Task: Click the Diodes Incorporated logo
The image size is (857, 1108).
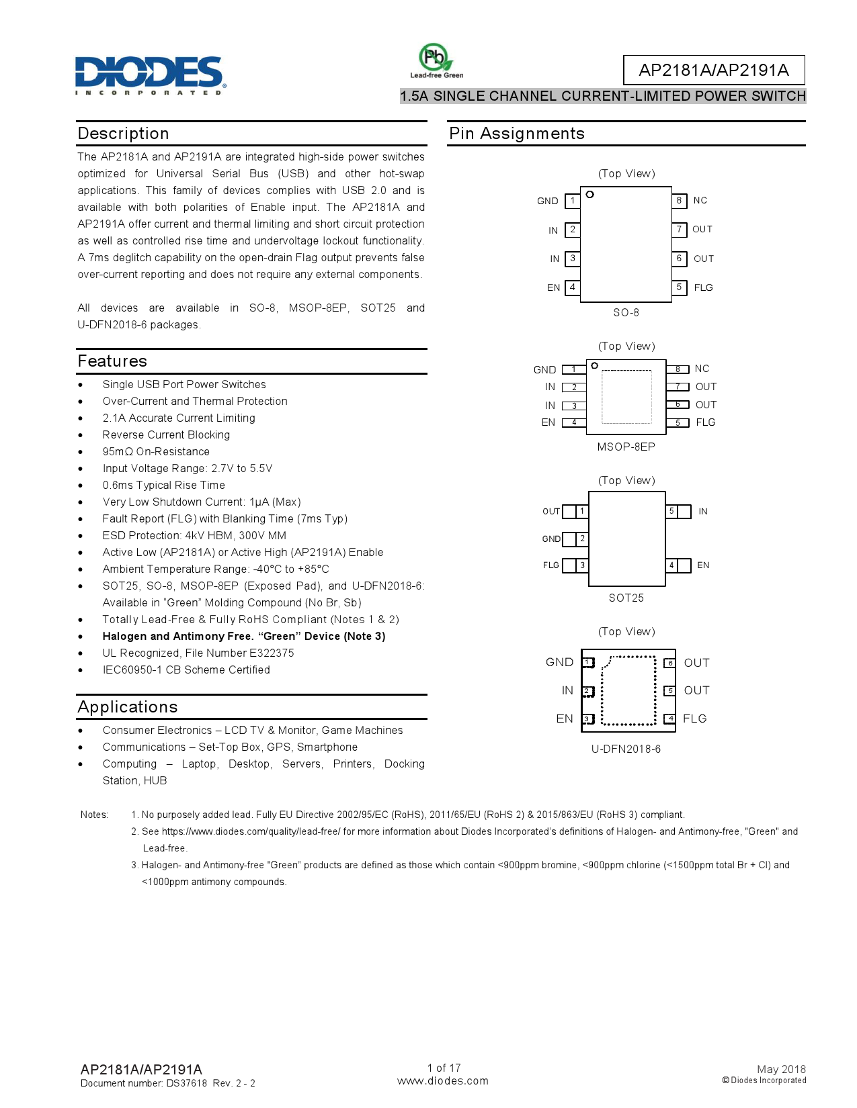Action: [150, 74]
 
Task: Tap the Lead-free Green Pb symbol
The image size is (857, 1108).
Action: [436, 58]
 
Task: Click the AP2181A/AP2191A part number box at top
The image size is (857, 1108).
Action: [713, 70]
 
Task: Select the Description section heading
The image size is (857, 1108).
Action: [123, 134]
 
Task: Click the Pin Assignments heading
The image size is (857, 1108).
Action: [516, 134]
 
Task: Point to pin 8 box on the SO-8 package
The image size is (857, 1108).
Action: [679, 200]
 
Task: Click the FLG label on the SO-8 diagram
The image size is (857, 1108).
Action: [703, 287]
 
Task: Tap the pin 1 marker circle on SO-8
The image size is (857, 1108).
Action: [590, 195]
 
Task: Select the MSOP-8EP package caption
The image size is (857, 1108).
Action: [626, 447]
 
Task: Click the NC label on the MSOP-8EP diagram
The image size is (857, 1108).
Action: [702, 369]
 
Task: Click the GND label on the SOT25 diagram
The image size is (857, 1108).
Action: [551, 539]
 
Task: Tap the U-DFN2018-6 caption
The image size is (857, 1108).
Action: [626, 749]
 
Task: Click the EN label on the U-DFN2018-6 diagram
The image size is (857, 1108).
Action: [565, 719]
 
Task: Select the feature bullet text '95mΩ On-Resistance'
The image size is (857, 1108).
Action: [156, 451]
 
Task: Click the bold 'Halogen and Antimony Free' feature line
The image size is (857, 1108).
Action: [243, 636]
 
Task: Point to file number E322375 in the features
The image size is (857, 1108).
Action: [272, 653]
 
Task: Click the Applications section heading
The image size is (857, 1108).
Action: [128, 707]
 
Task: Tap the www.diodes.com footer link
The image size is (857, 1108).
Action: [442, 1080]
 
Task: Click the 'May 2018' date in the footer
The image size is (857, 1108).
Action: [780, 1069]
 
